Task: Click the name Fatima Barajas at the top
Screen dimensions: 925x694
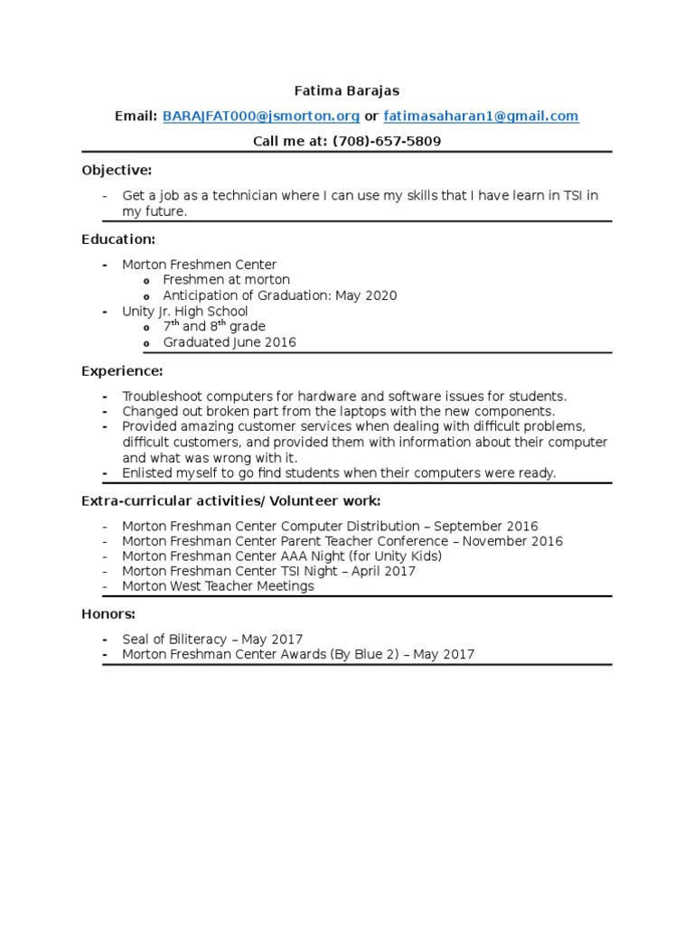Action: pyautogui.click(x=347, y=90)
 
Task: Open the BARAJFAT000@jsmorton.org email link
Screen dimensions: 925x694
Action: pyautogui.click(x=261, y=117)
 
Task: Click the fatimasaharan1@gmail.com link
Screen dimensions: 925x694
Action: pyautogui.click(x=481, y=117)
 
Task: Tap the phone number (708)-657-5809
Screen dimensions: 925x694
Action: pyautogui.click(x=387, y=142)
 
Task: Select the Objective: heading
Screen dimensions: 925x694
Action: pyautogui.click(x=117, y=170)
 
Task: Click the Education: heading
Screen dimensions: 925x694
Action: pyautogui.click(x=118, y=238)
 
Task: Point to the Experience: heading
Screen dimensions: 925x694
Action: pyautogui.click(x=122, y=370)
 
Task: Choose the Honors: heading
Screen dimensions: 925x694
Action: pyautogui.click(x=108, y=613)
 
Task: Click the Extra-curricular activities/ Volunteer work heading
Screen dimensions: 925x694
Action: pyautogui.click(x=230, y=500)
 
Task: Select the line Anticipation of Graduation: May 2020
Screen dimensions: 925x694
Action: pyautogui.click(x=279, y=295)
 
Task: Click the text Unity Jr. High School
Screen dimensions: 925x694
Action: pyautogui.click(x=184, y=312)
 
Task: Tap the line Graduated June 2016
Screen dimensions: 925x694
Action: pyautogui.click(x=229, y=342)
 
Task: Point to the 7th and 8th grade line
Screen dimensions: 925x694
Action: pyautogui.click(x=213, y=326)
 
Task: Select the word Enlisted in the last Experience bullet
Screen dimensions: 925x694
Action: pyautogui.click(x=146, y=472)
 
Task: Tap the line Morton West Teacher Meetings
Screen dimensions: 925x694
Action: pyautogui.click(x=218, y=586)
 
